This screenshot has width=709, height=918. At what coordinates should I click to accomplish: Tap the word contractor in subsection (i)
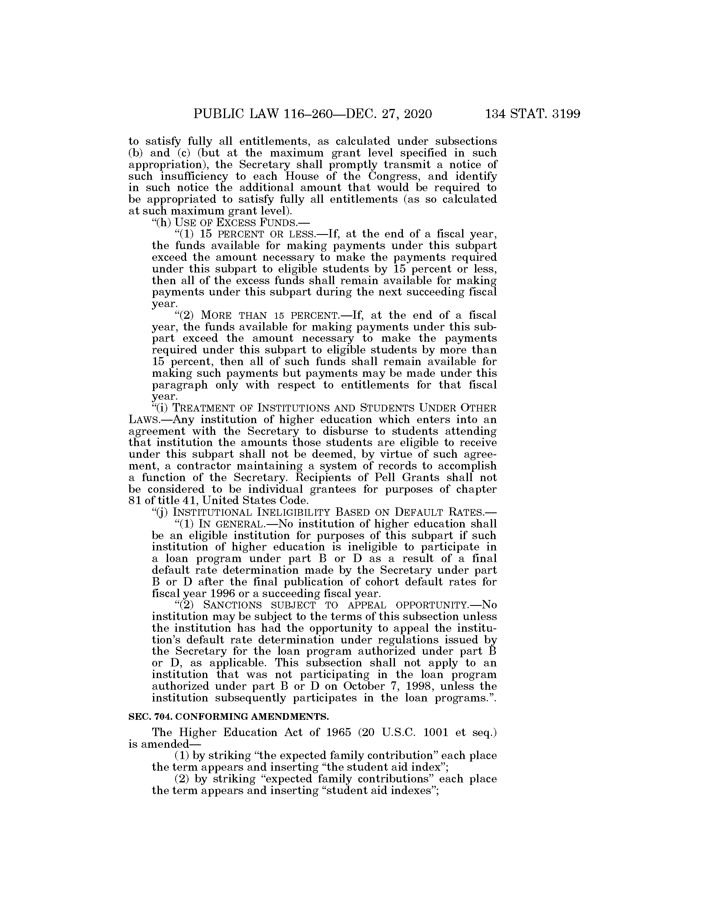coord(203,466)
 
